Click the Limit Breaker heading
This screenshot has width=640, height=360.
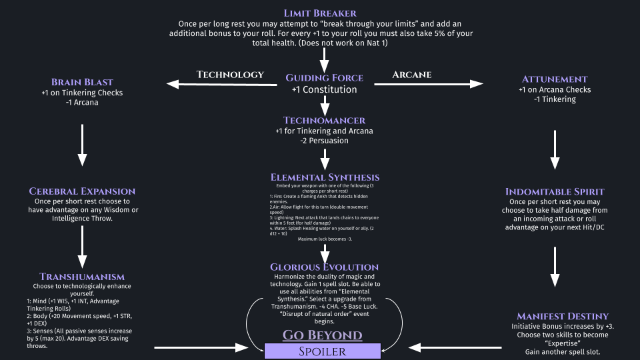coord(320,13)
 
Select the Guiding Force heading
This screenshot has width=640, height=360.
coord(324,78)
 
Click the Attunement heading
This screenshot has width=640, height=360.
coord(555,79)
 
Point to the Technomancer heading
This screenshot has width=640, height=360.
coord(324,121)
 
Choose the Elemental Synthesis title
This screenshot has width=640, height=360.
coord(325,177)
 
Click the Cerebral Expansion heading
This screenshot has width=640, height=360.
coord(82,191)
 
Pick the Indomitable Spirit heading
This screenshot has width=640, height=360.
coord(555,191)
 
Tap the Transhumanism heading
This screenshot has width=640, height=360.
coord(82,277)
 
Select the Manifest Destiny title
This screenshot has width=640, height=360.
coord(555,316)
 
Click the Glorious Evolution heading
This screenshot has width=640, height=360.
coord(324,267)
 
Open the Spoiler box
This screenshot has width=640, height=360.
coord(323,351)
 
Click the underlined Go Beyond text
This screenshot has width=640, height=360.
coord(323,335)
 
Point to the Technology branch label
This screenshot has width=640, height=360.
coord(230,75)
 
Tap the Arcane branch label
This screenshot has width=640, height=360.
coord(411,74)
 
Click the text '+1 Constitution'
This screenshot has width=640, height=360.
coord(324,90)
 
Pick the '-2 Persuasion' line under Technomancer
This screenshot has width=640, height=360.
coord(324,141)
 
